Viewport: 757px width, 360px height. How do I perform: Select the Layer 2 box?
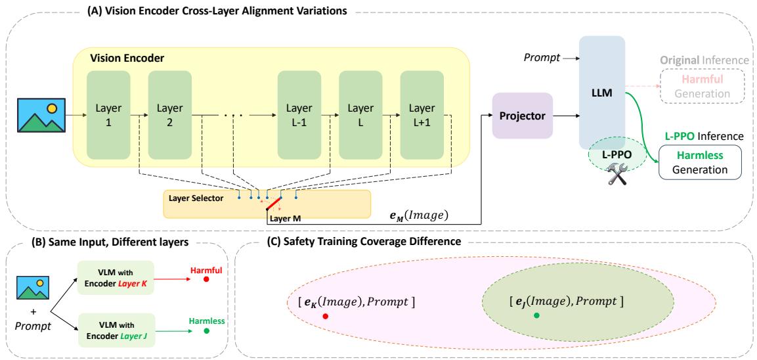click(169, 115)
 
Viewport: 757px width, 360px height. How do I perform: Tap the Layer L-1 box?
click(299, 115)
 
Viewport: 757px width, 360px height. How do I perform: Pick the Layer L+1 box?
click(422, 115)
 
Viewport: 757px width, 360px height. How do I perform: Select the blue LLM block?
click(600, 92)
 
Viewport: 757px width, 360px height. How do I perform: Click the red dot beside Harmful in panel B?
click(206, 279)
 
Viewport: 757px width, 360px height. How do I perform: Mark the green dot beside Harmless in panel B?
click(207, 331)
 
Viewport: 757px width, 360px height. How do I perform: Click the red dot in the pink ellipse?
click(326, 316)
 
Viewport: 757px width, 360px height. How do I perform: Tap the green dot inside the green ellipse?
click(537, 316)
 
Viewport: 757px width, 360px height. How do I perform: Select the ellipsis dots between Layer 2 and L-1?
click(233, 115)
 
